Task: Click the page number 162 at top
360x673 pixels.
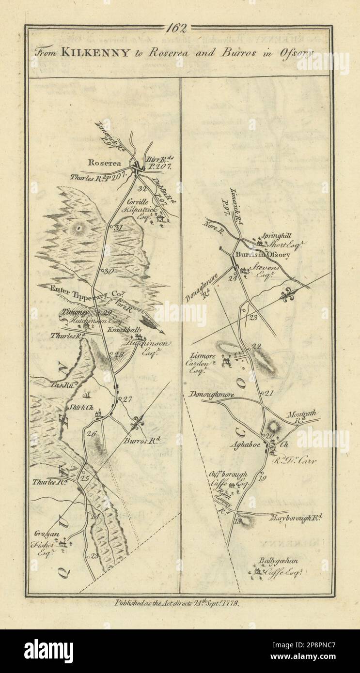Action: click(179, 28)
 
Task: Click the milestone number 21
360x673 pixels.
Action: click(268, 393)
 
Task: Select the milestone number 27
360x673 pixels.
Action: click(127, 399)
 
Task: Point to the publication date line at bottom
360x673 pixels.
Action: click(180, 603)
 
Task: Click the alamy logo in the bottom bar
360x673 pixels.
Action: click(48, 651)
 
